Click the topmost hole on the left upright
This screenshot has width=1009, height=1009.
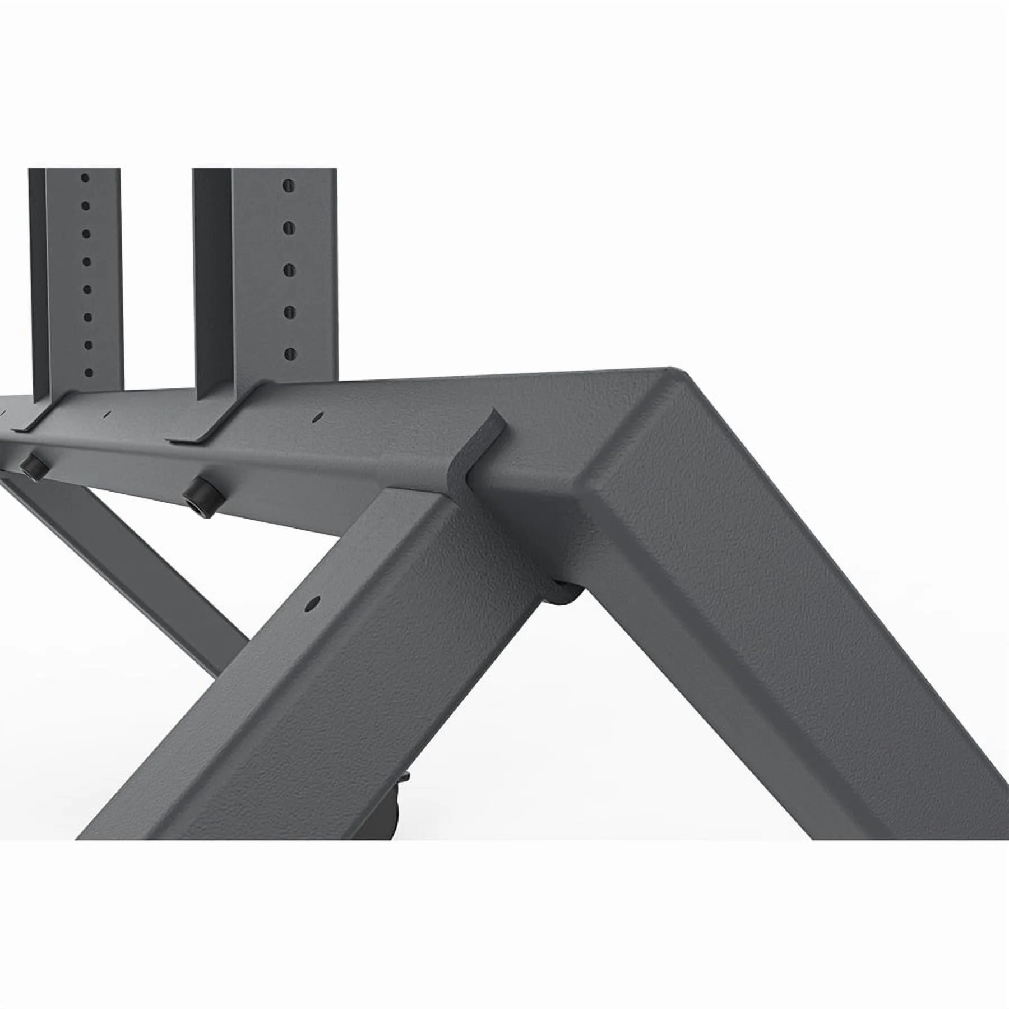[85, 178]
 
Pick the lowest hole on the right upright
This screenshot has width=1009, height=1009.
[290, 353]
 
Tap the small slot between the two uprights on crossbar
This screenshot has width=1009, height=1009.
[107, 414]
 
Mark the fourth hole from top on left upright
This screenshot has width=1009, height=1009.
[86, 261]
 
